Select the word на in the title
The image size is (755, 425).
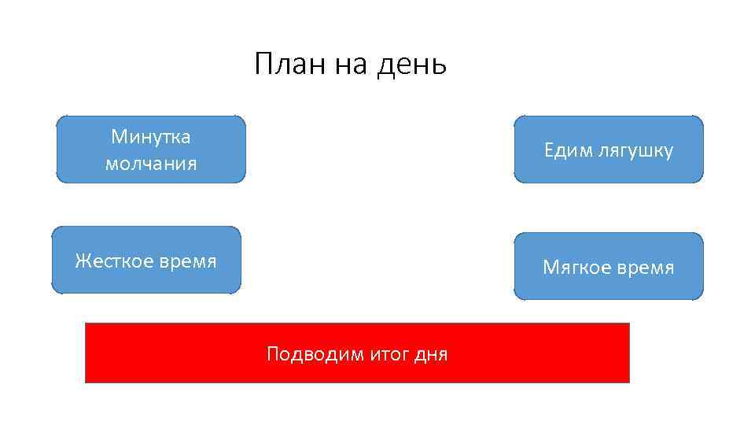coord(352,65)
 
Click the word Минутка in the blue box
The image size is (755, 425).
coord(151,137)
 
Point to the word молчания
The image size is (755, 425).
coord(151,164)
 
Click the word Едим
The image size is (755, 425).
coord(566,151)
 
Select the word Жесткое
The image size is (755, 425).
coord(114,261)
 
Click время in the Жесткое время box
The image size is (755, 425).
coord(187,261)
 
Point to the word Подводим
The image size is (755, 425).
coord(312,354)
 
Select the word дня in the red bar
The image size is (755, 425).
coord(431,355)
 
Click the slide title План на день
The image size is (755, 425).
coord(351,65)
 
